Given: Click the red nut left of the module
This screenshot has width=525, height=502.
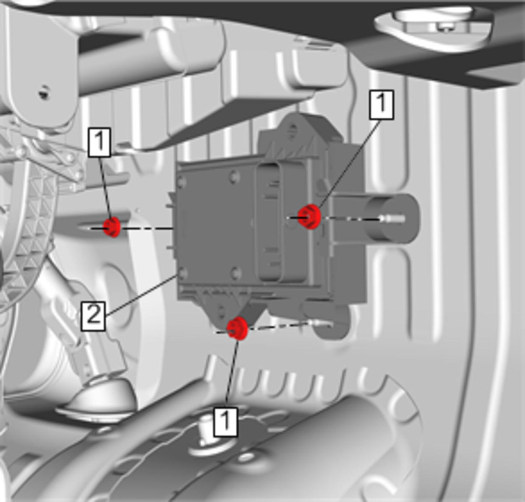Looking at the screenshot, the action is [112, 227].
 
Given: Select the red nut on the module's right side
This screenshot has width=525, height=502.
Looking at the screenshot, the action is [310, 217].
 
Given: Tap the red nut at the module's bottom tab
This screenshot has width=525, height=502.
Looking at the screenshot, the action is [238, 328].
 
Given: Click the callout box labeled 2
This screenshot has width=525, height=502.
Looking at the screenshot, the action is [93, 316].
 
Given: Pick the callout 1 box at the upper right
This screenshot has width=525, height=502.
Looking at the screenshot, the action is [381, 105].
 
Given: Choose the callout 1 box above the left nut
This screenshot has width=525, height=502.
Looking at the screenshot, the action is [100, 142].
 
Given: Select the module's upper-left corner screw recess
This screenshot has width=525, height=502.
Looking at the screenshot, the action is [182, 182].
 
